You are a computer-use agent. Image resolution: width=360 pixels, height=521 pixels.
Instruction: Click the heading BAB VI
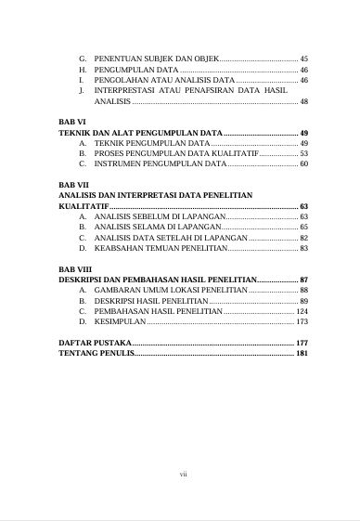[71, 122]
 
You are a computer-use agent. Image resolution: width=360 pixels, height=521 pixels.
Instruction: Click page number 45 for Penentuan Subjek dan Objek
[303, 59]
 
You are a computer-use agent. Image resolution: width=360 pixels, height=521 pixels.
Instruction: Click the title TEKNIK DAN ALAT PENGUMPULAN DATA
[140, 133]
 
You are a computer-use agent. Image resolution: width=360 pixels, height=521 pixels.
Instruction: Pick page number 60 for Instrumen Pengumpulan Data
[303, 164]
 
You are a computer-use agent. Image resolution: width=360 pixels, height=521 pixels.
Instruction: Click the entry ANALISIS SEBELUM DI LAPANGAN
[159, 216]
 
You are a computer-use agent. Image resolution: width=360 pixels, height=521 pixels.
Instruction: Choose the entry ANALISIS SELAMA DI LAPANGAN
[157, 227]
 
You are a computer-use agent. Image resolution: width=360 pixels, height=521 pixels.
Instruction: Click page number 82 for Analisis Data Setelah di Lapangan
[303, 238]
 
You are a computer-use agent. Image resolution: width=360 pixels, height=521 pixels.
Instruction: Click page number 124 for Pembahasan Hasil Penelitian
[302, 311]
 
